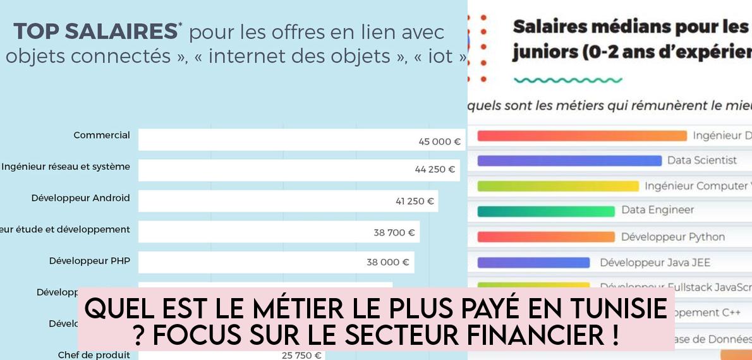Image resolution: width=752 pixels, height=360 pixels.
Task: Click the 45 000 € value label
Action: (x=439, y=141)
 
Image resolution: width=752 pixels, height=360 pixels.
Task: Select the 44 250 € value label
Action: (x=435, y=169)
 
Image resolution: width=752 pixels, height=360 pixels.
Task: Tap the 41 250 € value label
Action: (x=415, y=201)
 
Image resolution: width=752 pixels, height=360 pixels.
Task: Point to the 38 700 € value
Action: (x=394, y=232)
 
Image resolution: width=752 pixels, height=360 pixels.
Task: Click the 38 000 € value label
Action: (x=387, y=262)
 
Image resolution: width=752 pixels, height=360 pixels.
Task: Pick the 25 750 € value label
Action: (x=301, y=355)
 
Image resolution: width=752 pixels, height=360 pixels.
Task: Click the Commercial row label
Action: (x=102, y=135)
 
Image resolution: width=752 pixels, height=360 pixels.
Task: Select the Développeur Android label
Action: (x=80, y=198)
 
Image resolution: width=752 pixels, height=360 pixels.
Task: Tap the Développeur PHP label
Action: (x=89, y=261)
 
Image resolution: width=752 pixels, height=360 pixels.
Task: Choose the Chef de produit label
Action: (x=94, y=355)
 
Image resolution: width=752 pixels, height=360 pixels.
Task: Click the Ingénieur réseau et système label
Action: (x=66, y=167)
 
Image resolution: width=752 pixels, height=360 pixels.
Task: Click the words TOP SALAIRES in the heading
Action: (x=95, y=31)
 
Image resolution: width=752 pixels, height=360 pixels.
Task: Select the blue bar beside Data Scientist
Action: (x=569, y=160)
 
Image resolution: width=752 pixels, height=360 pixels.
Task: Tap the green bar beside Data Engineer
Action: (x=546, y=211)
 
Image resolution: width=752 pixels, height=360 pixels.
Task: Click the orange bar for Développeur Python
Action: (x=546, y=237)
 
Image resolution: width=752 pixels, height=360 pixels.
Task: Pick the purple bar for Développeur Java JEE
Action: (x=533, y=262)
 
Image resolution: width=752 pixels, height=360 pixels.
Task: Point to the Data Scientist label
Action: (x=702, y=160)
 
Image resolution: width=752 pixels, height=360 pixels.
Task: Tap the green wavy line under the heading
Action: (x=568, y=80)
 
